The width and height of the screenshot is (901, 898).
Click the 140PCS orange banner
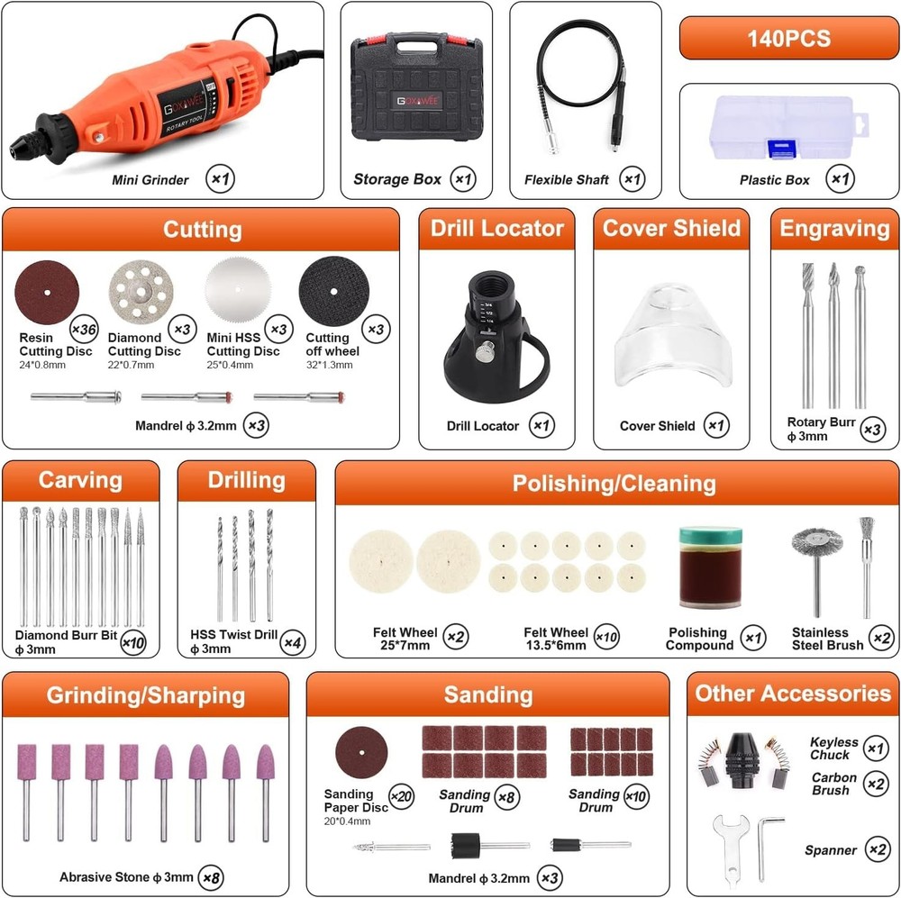click(788, 39)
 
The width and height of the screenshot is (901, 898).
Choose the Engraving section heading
click(834, 229)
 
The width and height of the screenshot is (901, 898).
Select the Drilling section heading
click(246, 481)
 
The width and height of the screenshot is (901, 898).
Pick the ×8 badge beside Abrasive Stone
click(212, 875)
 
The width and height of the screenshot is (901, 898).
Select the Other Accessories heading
click(793, 694)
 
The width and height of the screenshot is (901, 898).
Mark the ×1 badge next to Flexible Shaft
click(632, 179)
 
